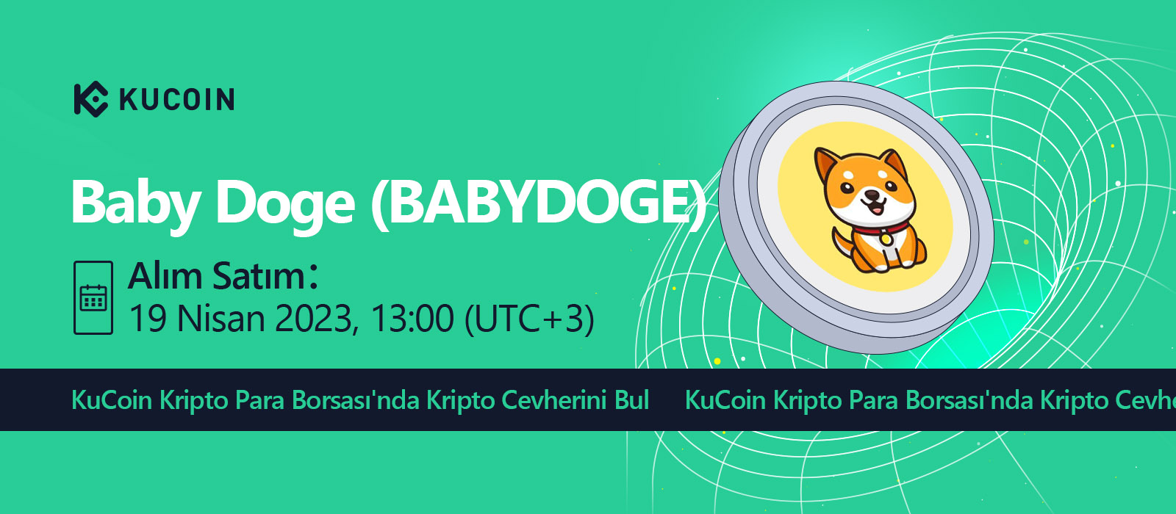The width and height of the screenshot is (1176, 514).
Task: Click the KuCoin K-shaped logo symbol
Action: click(x=91, y=99)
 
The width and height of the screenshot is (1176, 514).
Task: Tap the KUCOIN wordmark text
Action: click(x=177, y=100)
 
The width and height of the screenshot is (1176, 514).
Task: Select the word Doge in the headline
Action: click(x=285, y=205)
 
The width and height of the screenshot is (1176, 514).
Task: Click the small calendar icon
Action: click(x=93, y=297)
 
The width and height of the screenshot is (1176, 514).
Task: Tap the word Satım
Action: click(x=259, y=276)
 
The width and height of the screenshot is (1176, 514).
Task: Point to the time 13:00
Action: click(x=412, y=319)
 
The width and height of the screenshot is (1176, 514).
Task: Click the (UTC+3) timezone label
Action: click(x=530, y=319)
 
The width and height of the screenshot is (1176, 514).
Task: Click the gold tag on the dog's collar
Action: click(x=886, y=238)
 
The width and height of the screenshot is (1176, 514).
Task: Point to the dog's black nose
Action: click(x=872, y=195)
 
